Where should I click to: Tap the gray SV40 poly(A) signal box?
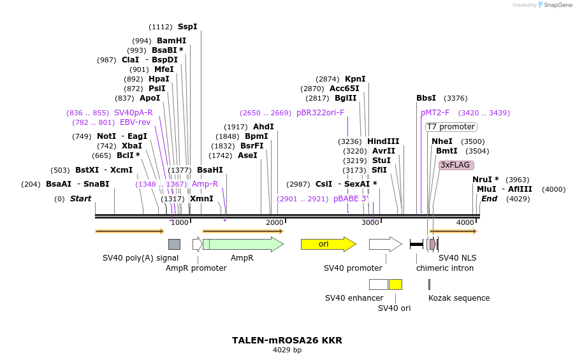[x=174, y=244]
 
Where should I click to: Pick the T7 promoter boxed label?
[x=451, y=127]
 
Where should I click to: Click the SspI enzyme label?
[x=187, y=27]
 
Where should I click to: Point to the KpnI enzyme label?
[x=355, y=79]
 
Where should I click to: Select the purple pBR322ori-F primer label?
[x=320, y=113]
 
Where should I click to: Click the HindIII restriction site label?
[x=382, y=141]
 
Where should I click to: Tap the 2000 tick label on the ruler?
[x=275, y=222]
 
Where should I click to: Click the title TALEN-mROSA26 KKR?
[x=287, y=340]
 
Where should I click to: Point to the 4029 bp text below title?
[x=287, y=350]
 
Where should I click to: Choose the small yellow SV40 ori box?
[x=395, y=284]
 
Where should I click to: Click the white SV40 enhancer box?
[x=378, y=284]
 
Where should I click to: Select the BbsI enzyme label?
[x=426, y=98]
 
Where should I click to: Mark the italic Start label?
[x=81, y=199]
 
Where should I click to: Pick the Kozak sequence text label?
[x=459, y=298]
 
